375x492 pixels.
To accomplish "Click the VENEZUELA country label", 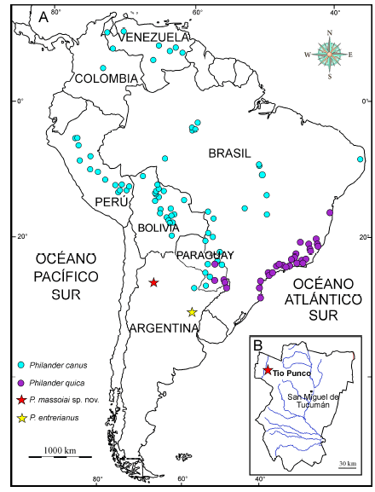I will click(154, 38).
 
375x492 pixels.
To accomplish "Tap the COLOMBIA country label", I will click(107, 78).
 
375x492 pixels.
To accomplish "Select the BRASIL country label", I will click(230, 153).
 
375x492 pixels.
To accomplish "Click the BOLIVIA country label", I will click(156, 229).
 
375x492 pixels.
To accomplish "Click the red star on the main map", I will click(153, 282).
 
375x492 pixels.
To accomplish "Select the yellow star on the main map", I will click(192, 312).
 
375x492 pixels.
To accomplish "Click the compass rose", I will click(330, 54).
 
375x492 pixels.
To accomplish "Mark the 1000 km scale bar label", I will click(61, 449).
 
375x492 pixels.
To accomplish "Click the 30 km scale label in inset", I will click(346, 463).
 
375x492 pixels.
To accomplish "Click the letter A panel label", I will click(43, 16).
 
